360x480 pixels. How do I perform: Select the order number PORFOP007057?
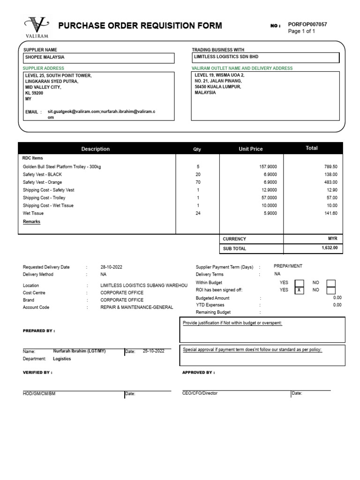307,24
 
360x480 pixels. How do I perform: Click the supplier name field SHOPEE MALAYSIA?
99,58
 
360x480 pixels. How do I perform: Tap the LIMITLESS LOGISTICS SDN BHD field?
266,57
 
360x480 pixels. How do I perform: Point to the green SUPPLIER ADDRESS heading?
44,68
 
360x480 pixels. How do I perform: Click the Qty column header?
197,149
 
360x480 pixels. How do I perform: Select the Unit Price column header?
251,149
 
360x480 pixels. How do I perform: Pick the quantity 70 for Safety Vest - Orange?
198,182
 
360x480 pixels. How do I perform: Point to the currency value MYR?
333,239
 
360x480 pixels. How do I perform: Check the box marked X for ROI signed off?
299,290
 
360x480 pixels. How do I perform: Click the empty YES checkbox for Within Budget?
299,283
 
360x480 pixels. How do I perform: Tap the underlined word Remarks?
31,222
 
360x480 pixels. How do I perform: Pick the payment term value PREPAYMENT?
288,266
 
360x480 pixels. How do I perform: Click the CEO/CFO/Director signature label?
200,393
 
